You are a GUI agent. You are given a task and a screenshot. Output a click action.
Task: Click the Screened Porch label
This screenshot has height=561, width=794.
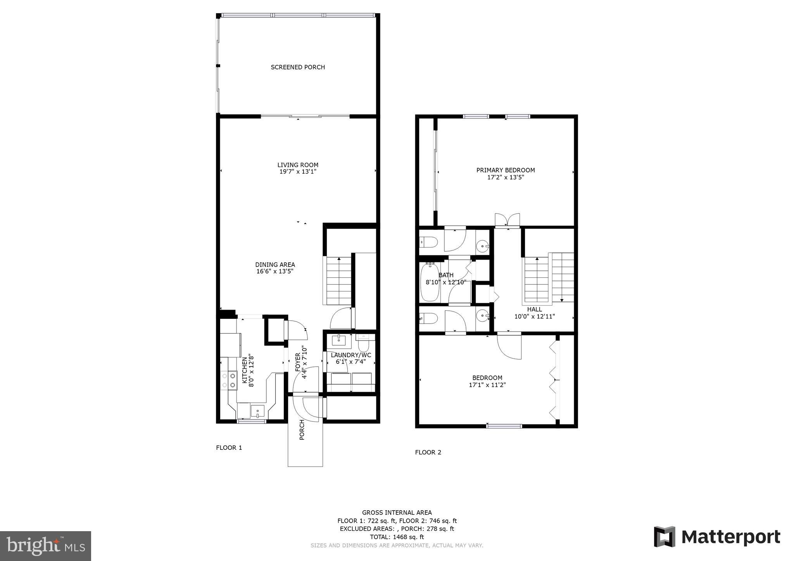tap(298, 67)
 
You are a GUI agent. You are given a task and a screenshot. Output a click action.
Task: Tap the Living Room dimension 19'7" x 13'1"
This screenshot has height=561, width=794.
tap(298, 172)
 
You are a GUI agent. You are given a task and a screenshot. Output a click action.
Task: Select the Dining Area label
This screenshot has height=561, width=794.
tap(275, 265)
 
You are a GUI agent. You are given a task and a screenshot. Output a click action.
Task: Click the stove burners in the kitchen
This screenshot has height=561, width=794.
tap(228, 380)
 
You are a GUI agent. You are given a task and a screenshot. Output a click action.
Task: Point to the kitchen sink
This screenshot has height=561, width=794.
tap(257, 411)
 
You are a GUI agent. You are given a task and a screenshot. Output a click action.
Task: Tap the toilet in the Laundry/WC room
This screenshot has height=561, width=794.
tap(364, 344)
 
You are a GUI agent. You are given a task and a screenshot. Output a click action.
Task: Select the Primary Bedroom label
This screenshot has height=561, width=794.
tap(505, 170)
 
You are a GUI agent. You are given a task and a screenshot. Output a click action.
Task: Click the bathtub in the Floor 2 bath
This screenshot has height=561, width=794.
tap(430, 282)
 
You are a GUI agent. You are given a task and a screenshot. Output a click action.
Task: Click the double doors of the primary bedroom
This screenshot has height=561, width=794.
tap(507, 220)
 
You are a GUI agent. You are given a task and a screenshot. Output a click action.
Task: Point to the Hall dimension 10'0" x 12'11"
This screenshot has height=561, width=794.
tap(534, 317)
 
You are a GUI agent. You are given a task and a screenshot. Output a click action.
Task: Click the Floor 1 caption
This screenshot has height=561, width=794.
tap(229, 448)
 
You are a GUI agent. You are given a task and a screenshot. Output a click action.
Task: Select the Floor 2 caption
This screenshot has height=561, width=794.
tap(428, 452)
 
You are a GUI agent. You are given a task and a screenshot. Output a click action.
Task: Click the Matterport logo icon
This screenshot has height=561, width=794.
tap(665, 537)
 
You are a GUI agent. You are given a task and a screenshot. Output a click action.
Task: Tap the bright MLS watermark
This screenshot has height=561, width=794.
tap(45, 546)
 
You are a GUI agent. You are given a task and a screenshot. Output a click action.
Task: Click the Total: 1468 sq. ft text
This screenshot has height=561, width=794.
tap(397, 537)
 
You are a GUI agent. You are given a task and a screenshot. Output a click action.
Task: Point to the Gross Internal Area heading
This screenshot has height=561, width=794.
tap(397, 513)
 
